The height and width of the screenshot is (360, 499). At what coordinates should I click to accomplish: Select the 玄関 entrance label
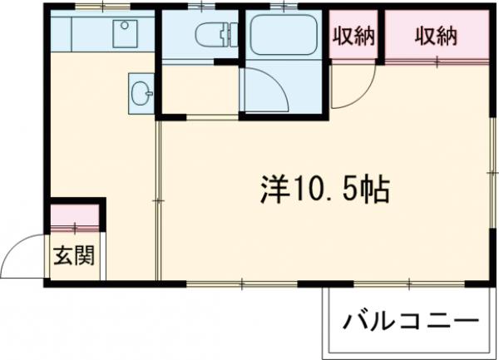coord(74,255)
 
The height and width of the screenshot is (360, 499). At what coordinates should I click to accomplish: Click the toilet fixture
coord(211,34)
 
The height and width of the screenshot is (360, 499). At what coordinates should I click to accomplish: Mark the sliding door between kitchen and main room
coord(158,200)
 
